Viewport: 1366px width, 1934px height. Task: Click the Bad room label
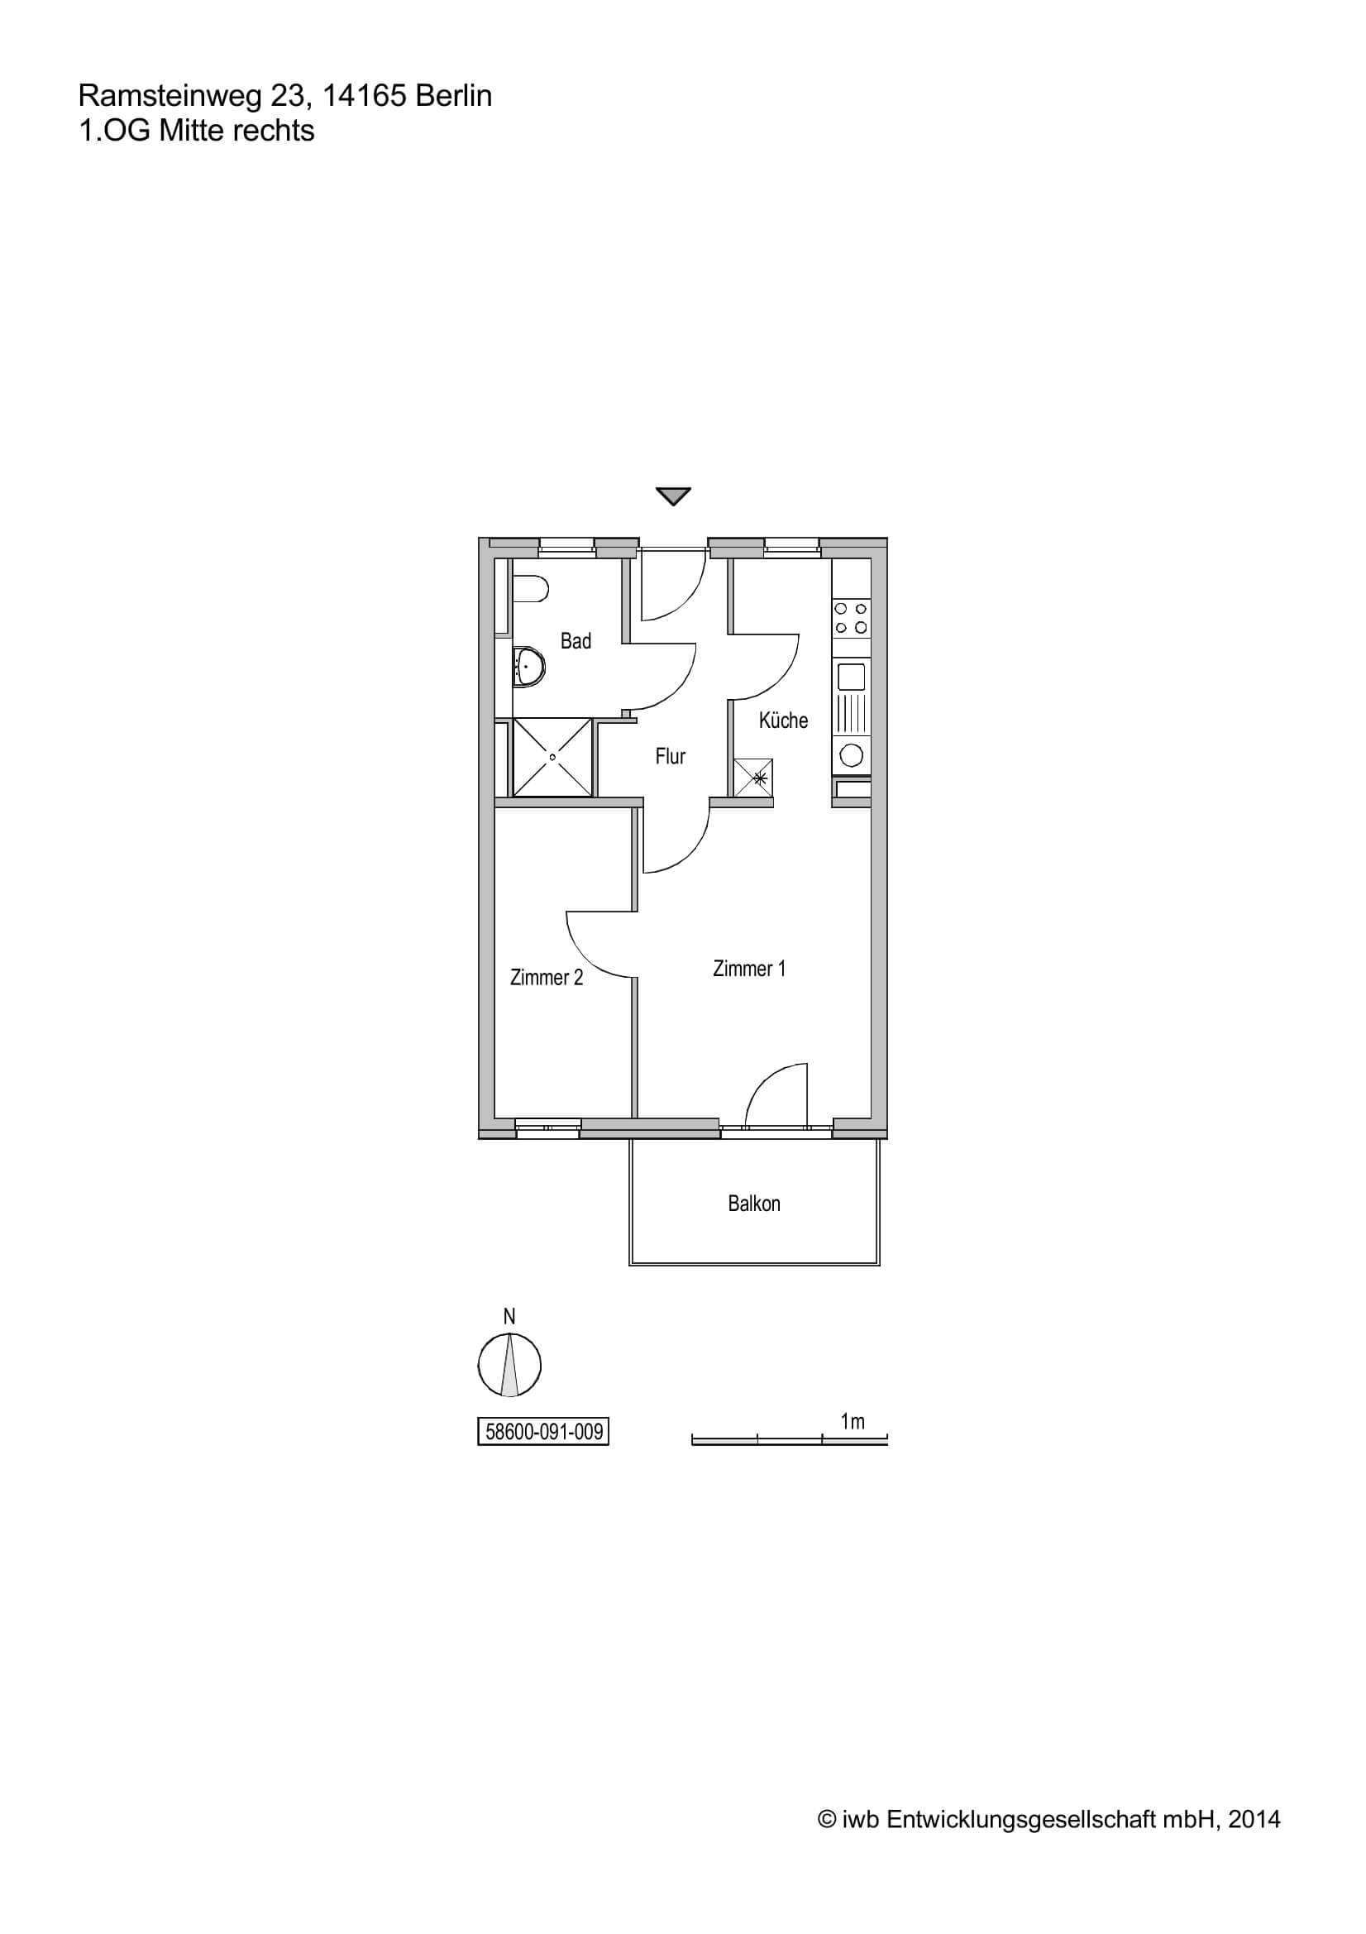[576, 641]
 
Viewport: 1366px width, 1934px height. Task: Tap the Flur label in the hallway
[671, 756]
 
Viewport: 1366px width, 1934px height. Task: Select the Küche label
[783, 720]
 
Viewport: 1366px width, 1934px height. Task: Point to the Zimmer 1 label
[748, 969]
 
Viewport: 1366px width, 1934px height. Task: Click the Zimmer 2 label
[547, 977]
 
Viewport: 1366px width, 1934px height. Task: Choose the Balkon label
[754, 1204]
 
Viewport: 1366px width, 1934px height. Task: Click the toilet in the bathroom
[530, 589]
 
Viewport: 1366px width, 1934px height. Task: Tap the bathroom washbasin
[529, 665]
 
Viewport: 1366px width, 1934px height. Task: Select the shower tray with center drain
[552, 756]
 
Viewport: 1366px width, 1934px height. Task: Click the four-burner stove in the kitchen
[852, 617]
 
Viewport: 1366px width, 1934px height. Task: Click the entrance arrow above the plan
[673, 496]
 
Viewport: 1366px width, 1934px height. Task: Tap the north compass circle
[509, 1366]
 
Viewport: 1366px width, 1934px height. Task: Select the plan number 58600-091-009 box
[543, 1431]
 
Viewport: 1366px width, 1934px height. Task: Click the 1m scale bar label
[853, 1422]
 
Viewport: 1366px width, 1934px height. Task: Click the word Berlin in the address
[454, 96]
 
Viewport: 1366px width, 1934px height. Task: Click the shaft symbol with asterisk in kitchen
[753, 778]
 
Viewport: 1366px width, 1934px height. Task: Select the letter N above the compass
[509, 1317]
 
